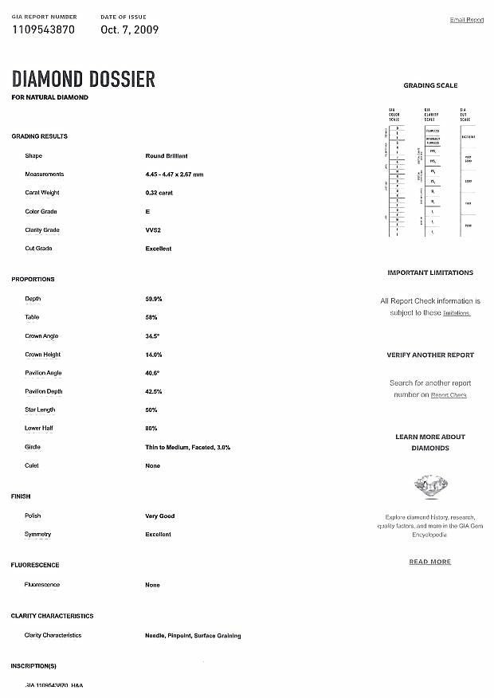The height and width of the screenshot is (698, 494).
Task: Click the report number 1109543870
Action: [x=45, y=29]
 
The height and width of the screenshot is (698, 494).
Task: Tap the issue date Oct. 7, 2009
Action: [x=129, y=29]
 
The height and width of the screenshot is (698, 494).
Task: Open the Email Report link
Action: [x=467, y=20]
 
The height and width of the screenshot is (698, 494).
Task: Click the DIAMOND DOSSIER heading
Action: [x=83, y=79]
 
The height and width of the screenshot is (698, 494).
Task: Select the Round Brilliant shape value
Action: [x=166, y=155]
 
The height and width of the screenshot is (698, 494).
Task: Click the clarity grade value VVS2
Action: [x=153, y=230]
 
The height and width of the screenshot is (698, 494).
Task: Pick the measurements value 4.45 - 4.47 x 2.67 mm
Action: [x=174, y=174]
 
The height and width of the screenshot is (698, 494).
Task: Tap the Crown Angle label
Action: [x=41, y=336]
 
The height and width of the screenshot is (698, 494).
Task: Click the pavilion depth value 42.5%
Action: [x=154, y=392]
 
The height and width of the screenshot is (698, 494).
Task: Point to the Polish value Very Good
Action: [x=159, y=516]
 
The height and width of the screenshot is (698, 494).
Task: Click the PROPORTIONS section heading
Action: [x=33, y=280]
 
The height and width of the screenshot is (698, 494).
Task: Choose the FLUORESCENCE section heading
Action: [x=35, y=565]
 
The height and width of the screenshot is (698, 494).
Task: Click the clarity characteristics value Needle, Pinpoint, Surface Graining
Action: [x=193, y=636]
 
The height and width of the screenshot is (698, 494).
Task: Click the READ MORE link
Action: [x=430, y=562]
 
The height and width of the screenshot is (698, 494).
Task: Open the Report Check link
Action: [x=449, y=395]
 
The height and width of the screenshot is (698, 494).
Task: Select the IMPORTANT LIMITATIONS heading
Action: [x=430, y=273]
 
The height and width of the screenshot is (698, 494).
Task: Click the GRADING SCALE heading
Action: [x=430, y=85]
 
